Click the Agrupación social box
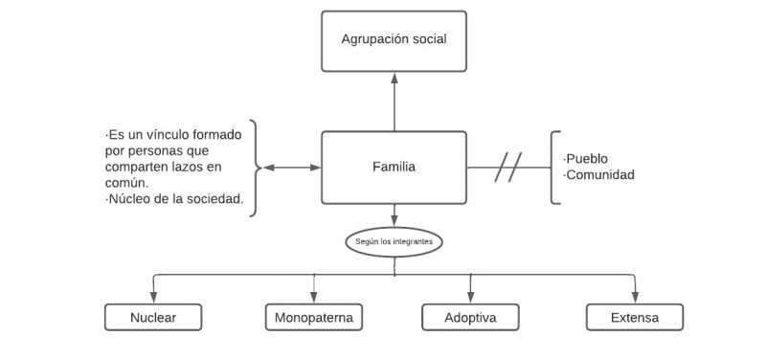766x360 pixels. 394,40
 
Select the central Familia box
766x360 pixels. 394,168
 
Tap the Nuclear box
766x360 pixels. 153,317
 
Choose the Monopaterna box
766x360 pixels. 314,317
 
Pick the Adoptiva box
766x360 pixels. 470,317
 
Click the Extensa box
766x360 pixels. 635,317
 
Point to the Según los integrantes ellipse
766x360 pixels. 394,242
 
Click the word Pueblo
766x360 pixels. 586,159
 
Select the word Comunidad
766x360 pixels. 599,175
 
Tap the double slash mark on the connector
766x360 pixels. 507,169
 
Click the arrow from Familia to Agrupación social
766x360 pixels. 394,101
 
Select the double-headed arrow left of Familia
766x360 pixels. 291,169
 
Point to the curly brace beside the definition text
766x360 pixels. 255,169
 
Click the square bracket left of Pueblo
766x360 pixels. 555,168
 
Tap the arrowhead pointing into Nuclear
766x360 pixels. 153,299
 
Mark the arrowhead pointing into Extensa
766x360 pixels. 635,299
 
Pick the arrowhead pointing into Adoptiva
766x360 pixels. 470,299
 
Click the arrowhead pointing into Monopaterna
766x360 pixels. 314,299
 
